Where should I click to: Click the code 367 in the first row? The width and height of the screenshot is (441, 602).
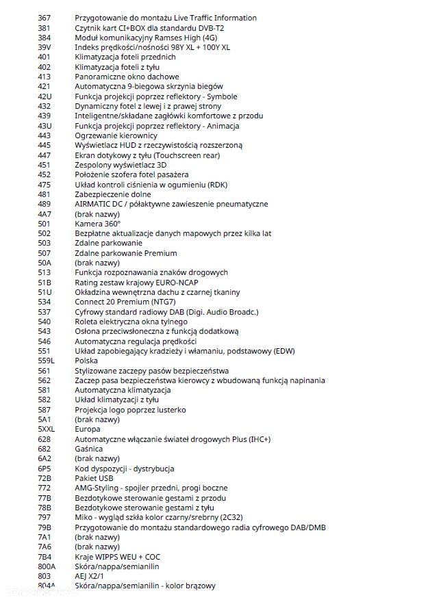[x=44, y=18]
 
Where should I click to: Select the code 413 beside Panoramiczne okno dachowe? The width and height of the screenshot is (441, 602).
[x=44, y=77]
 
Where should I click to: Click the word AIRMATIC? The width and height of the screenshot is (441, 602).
[x=94, y=204]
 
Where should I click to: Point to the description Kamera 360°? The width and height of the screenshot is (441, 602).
[x=98, y=224]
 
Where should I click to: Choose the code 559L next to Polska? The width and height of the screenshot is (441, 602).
[x=47, y=361]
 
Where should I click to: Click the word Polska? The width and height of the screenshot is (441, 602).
[x=86, y=361]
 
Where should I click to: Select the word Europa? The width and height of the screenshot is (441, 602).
[x=88, y=429]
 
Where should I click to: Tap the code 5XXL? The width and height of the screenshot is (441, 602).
[x=47, y=429]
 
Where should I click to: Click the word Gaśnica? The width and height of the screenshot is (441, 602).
[x=90, y=449]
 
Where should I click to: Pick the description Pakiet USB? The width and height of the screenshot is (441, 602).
[x=94, y=478]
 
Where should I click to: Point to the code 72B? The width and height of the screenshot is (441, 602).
[x=45, y=478]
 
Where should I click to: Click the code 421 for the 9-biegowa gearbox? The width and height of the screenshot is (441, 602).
[x=44, y=86]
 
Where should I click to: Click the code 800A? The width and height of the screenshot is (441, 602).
[x=47, y=566]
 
